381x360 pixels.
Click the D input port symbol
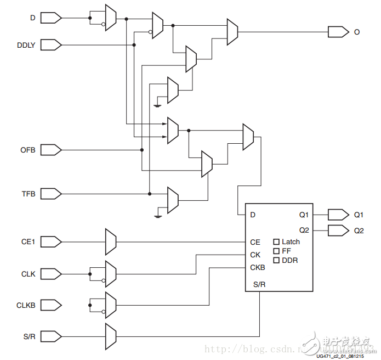point(51,18)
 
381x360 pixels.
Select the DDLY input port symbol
point(51,44)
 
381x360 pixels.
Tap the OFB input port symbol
point(51,149)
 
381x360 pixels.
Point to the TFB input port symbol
point(51,193)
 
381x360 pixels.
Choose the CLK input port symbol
point(51,273)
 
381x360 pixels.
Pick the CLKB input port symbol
point(51,305)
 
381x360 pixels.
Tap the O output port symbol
point(338,32)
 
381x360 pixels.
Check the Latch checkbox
point(276,241)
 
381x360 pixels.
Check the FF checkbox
point(276,251)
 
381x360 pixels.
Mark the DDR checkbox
point(276,260)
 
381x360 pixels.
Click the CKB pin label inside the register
point(257,268)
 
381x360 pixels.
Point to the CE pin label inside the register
point(255,242)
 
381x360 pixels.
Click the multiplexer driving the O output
point(232,32)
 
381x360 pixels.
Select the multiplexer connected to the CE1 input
point(110,241)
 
